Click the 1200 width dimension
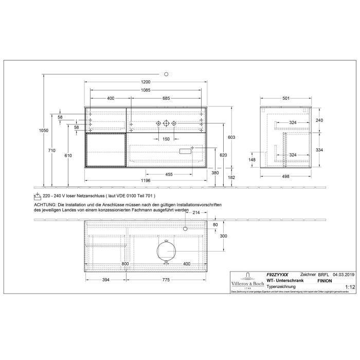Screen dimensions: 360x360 pos(146,82)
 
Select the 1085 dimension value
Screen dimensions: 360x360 pos(146,91)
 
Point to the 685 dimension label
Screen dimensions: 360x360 pos(163,98)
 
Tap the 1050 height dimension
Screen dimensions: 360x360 pos(44,131)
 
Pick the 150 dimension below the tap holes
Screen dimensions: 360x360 pos(166,139)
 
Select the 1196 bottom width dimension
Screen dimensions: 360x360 pos(146,181)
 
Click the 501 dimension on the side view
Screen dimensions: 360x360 pos(286,98)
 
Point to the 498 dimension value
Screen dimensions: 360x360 pos(286,176)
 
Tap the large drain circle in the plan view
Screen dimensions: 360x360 pos(166,250)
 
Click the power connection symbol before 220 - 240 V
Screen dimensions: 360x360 pos(37,196)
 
